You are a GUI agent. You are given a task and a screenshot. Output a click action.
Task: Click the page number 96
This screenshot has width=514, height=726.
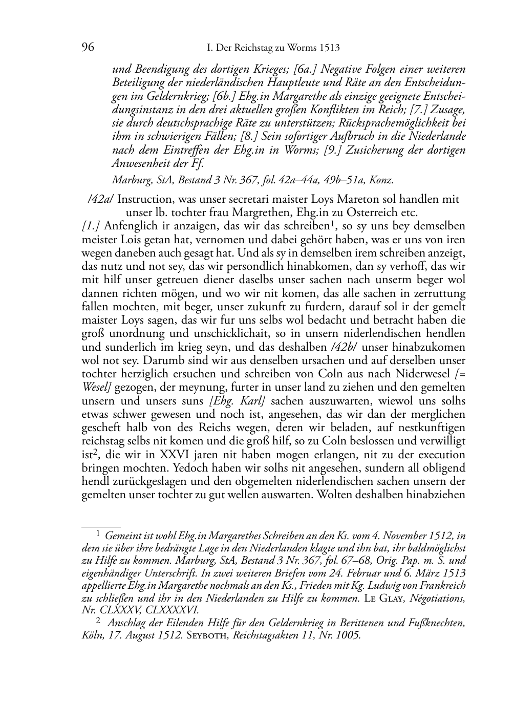tap(88, 48)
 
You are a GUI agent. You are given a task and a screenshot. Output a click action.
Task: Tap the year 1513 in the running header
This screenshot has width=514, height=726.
tap(329, 48)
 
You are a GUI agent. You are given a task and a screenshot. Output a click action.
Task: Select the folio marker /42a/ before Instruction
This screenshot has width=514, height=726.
tap(101, 199)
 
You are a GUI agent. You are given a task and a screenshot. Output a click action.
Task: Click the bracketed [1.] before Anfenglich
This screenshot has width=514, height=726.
tap(91, 226)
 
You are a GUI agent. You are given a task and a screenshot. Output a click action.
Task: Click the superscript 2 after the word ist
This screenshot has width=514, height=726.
tap(95, 452)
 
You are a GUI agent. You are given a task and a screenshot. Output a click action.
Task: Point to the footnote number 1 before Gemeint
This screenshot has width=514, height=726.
tap(98, 534)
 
